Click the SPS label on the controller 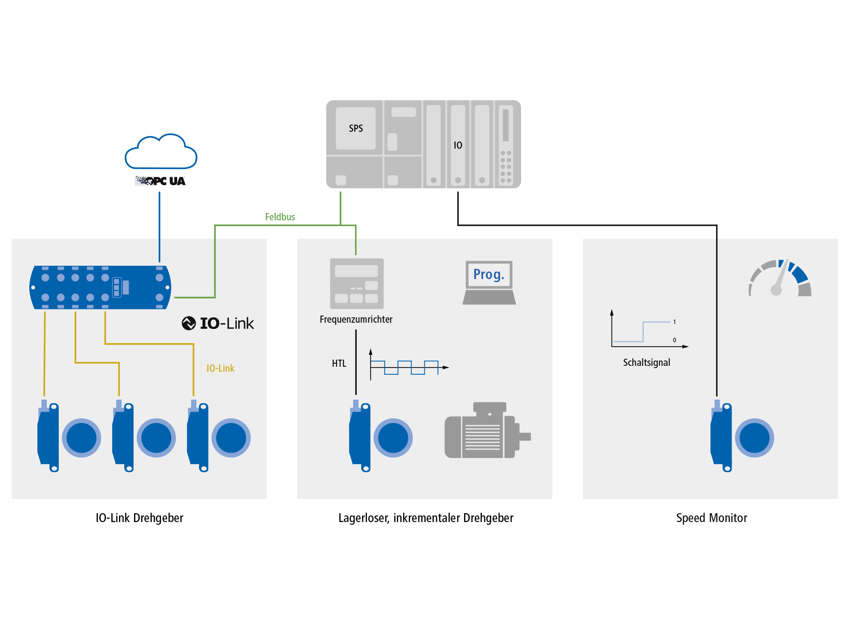pyautogui.click(x=356, y=128)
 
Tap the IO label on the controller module pyautogui.click(x=458, y=145)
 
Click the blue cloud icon pyautogui.click(x=161, y=152)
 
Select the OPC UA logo pyautogui.click(x=160, y=181)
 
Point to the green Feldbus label pyautogui.click(x=280, y=217)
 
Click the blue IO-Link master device pyautogui.click(x=100, y=288)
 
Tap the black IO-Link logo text pyautogui.click(x=218, y=323)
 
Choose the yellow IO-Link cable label pyautogui.click(x=220, y=368)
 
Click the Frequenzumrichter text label pyautogui.click(x=356, y=319)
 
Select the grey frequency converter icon pyautogui.click(x=357, y=284)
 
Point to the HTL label pyautogui.click(x=339, y=363)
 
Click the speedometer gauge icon pyautogui.click(x=780, y=279)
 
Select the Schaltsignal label pyautogui.click(x=646, y=362)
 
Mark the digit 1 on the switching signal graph pyautogui.click(x=675, y=322)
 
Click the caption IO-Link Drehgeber pyautogui.click(x=139, y=518)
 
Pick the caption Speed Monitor pyautogui.click(x=711, y=518)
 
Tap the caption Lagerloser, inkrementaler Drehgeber pyautogui.click(x=426, y=518)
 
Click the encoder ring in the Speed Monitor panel pyautogui.click(x=754, y=438)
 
